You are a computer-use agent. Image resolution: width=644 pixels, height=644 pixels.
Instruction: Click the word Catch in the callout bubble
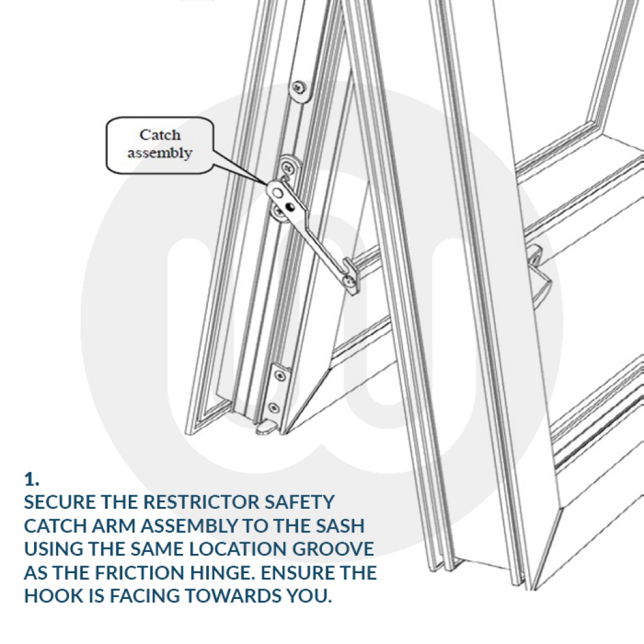pyautogui.click(x=160, y=135)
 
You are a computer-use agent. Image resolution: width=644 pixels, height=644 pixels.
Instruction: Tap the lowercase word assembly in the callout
pyautogui.click(x=160, y=153)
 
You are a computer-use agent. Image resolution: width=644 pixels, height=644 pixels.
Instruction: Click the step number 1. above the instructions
pyautogui.click(x=32, y=479)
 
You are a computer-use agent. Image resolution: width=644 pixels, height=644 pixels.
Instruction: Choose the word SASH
pyautogui.click(x=341, y=526)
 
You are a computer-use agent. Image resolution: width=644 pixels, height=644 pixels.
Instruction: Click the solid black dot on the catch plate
pyautogui.click(x=291, y=207)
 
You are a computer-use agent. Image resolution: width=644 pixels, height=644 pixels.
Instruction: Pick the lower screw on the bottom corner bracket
pyautogui.click(x=274, y=406)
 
